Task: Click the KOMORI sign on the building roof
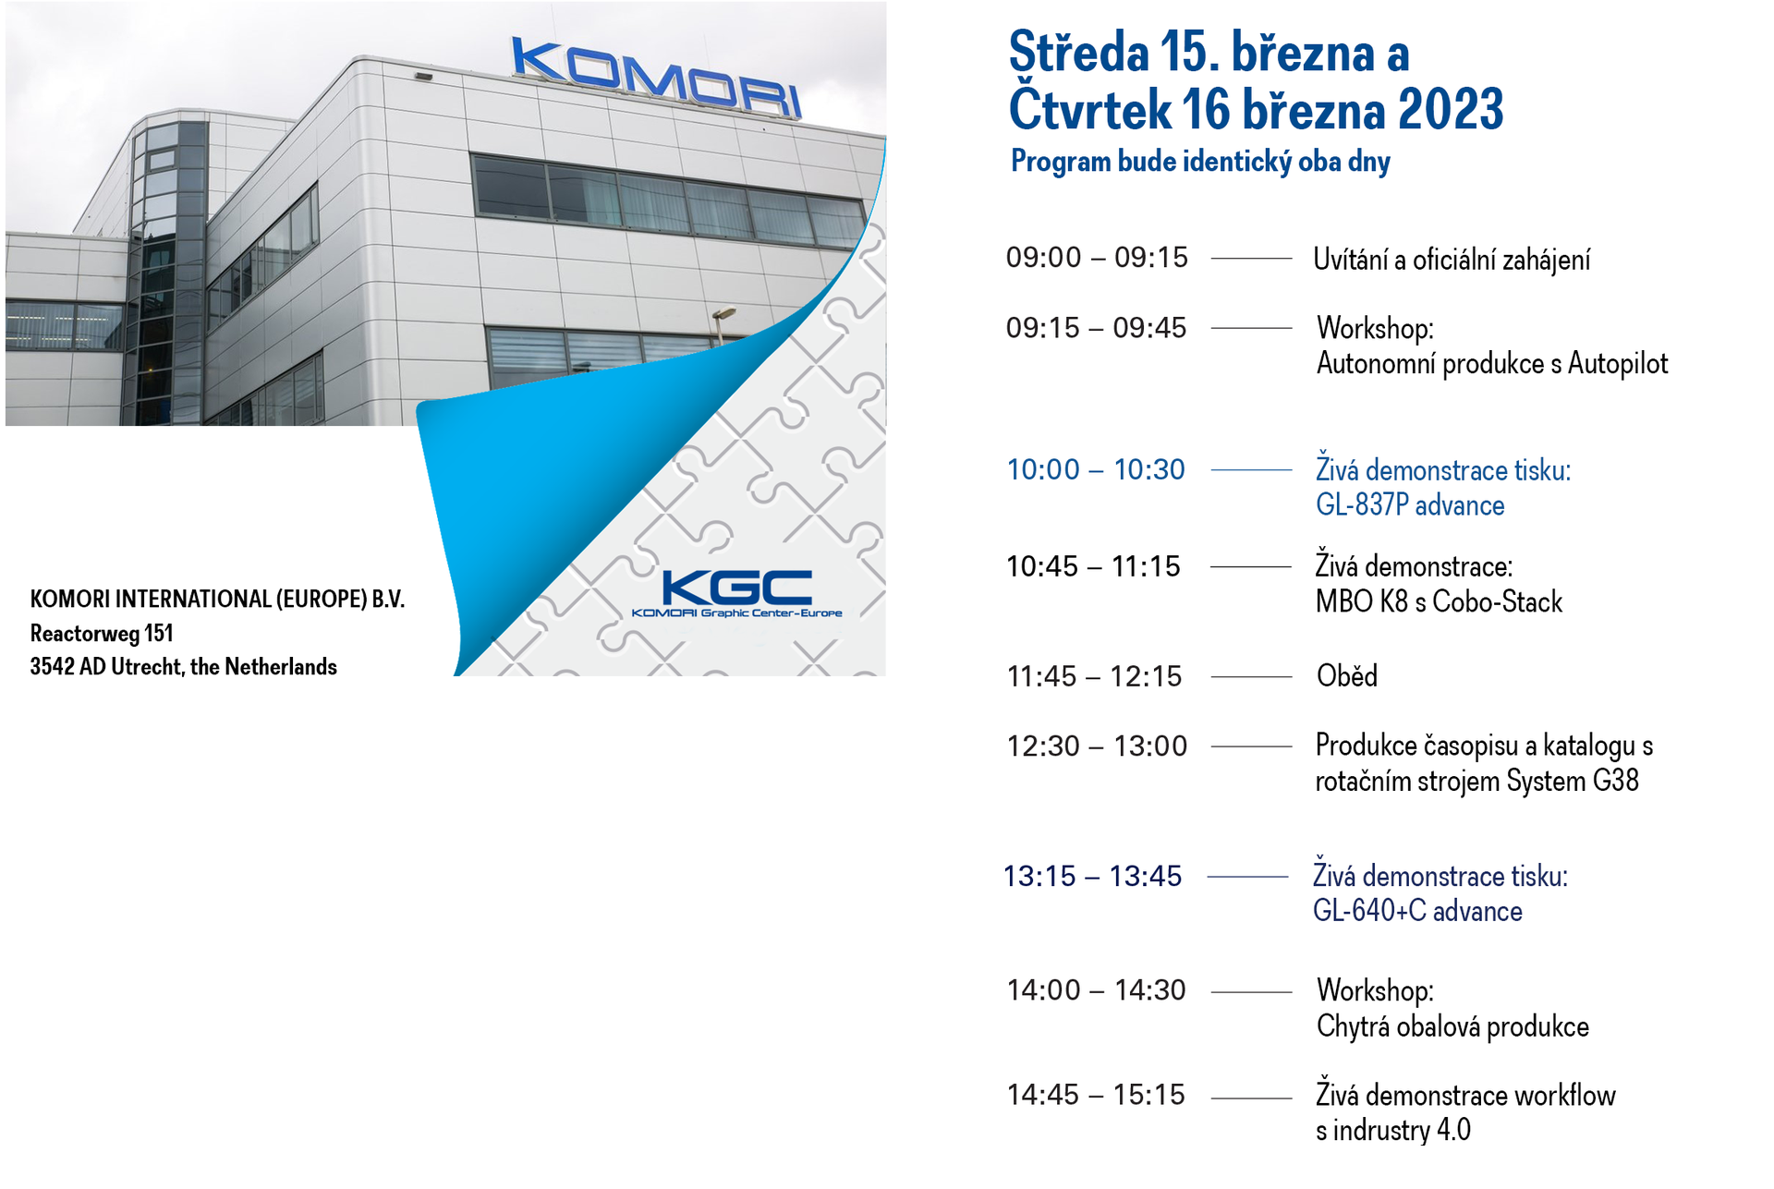coord(656,78)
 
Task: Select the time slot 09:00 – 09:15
coord(1097,258)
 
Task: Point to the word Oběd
coord(1347,675)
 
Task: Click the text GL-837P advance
coord(1410,505)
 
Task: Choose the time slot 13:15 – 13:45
coord(1092,876)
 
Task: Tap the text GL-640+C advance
coord(1417,911)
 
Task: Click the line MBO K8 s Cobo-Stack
coord(1439,601)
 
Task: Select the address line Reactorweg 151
coord(102,634)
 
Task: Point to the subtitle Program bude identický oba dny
coord(1200,162)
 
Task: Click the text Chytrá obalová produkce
coord(1452,1026)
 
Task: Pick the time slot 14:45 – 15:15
coord(1096,1095)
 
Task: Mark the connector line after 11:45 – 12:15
coord(1251,677)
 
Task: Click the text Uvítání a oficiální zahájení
coord(1452,260)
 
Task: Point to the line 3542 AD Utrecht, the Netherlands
coord(183,667)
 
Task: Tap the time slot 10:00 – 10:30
coord(1096,469)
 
